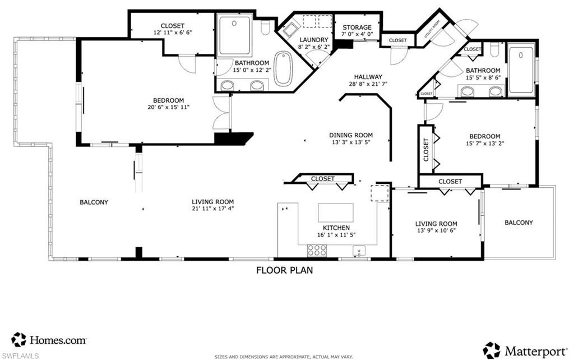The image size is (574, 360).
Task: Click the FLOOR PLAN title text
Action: pos(284,270)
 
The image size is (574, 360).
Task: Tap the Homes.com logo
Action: pos(49,339)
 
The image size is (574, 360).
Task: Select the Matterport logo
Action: pos(525,350)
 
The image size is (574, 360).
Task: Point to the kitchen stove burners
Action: pos(317,251)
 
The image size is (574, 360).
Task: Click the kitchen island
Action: pos(336,213)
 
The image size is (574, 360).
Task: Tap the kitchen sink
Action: pos(357,251)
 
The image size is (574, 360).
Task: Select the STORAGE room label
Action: pos(357,27)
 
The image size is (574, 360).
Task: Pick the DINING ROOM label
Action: pos(350,135)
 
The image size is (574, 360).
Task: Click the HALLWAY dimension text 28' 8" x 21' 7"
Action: pos(368,85)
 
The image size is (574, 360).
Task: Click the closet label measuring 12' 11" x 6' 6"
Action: pos(172,33)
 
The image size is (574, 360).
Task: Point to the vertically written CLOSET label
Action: pos(426,150)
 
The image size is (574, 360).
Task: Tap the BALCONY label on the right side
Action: pos(519,223)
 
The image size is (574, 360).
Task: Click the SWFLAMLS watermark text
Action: pos(20,356)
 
